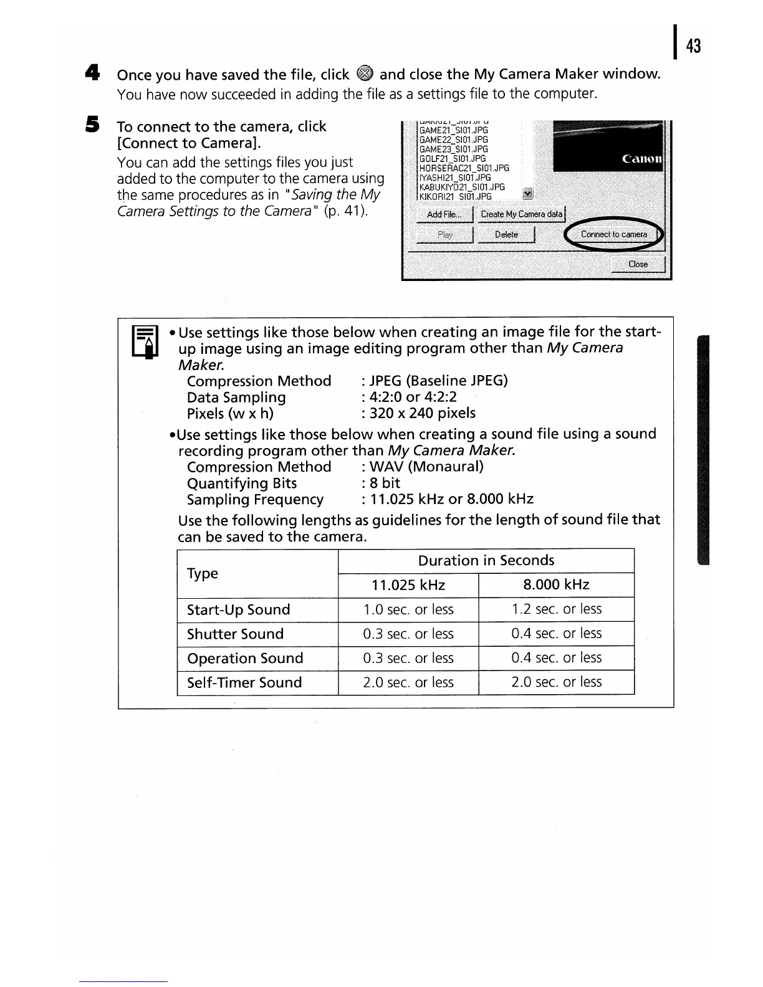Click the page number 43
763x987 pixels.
click(693, 46)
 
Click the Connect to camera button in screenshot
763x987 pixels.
click(613, 235)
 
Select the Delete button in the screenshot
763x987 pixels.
click(506, 235)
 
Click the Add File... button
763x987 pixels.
click(444, 214)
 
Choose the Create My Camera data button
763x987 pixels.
click(521, 214)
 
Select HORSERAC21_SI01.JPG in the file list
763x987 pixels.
click(464, 168)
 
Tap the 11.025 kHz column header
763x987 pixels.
click(408, 585)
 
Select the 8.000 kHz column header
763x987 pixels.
click(556, 585)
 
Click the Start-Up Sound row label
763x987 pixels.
click(238, 609)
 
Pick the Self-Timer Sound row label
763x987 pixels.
click(244, 682)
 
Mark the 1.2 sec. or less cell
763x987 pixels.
click(556, 609)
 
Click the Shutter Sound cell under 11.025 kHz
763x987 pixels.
click(408, 634)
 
